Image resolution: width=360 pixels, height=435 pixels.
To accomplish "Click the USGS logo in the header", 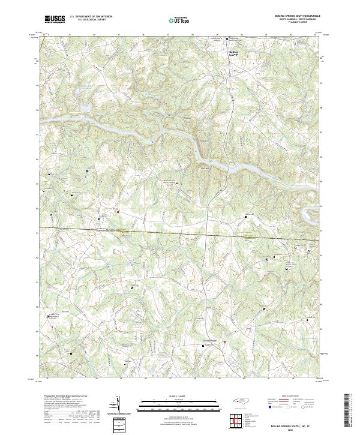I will [55, 19].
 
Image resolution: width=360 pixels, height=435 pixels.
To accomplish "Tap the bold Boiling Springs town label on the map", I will [235, 52].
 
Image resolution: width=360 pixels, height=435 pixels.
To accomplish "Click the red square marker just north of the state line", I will [118, 211].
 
